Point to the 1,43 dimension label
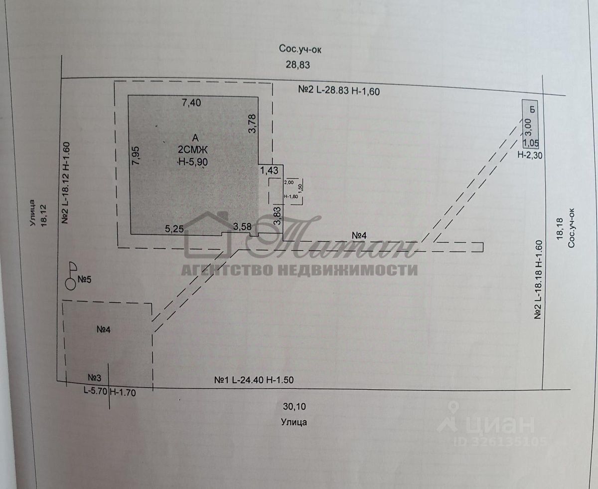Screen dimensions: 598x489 pos(269,170)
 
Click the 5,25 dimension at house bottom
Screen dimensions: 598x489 pos(175,229)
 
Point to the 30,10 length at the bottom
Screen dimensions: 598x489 pos(293,407)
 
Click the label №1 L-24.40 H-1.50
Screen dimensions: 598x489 pos(254,380)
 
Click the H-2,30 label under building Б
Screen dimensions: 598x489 pos(530,155)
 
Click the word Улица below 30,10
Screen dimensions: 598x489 pos(293,422)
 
